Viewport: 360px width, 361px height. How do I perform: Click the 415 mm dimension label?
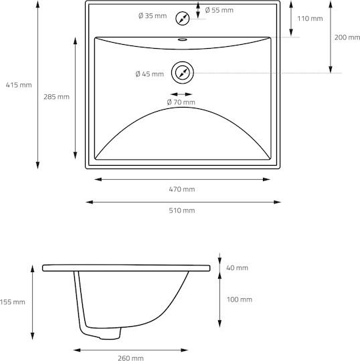click(x=19, y=85)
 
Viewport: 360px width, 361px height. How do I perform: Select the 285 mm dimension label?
click(x=56, y=97)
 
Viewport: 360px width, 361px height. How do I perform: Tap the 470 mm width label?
click(x=182, y=189)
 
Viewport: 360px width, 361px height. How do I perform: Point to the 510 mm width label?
click(x=182, y=211)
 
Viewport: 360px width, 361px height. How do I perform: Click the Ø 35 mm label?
click(x=153, y=15)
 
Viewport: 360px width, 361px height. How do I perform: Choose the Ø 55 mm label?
click(x=219, y=10)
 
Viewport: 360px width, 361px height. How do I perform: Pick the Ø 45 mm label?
click(x=150, y=74)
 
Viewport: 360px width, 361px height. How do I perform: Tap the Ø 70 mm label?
click(x=181, y=102)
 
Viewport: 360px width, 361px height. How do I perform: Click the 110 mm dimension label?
click(x=310, y=19)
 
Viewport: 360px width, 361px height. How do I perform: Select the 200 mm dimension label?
click(x=347, y=37)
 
